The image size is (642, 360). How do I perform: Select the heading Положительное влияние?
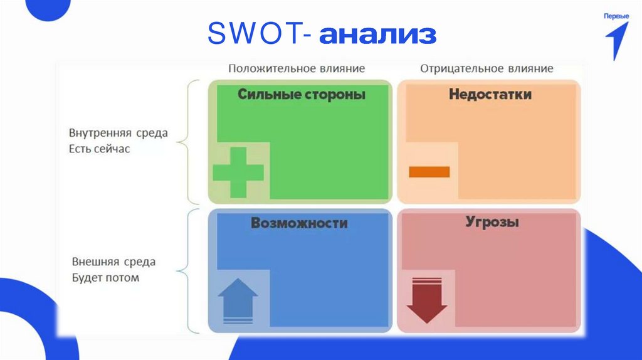(x=296, y=68)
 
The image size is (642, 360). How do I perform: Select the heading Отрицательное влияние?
(x=487, y=68)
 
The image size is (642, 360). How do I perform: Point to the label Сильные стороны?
(x=302, y=95)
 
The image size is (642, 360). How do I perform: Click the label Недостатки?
(x=490, y=95)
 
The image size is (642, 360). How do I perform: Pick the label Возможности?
(x=299, y=223)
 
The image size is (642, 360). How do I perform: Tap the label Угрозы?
(x=492, y=222)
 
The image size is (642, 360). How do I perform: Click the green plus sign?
(x=238, y=172)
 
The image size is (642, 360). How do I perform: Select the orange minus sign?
(x=429, y=171)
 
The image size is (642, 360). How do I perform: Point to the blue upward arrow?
(x=238, y=299)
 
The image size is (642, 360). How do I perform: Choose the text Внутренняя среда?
(x=118, y=134)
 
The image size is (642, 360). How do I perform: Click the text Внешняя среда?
(x=113, y=262)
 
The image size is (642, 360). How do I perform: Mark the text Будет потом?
(x=105, y=277)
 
